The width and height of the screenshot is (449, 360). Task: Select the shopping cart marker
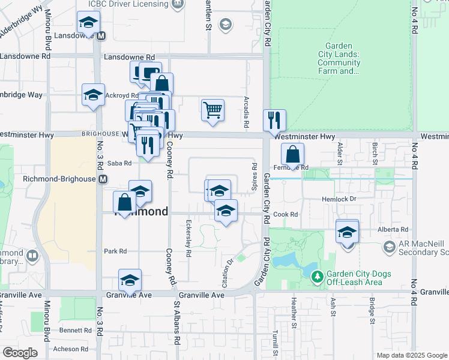pos(212,110)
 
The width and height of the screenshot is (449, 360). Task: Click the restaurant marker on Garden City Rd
pos(274,119)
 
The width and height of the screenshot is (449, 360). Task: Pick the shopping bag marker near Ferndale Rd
pos(292,154)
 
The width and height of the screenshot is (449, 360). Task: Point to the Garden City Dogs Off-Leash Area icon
pos(317,277)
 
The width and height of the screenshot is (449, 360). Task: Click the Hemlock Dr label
pos(340,199)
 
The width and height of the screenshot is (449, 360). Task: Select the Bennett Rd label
pos(74,331)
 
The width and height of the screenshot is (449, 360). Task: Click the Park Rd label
pos(115,251)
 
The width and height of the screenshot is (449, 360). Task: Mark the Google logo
pos(20,353)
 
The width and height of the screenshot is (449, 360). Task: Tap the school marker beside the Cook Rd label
pos(226,211)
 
